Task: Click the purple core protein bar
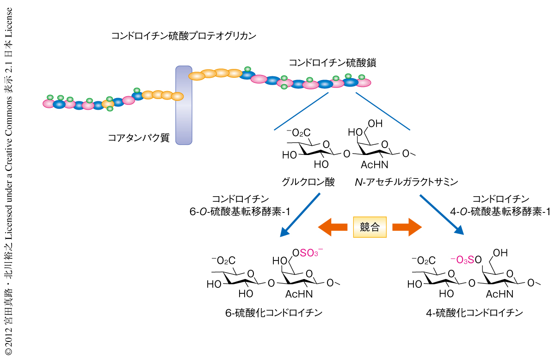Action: click(184, 105)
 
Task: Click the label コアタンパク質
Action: click(138, 137)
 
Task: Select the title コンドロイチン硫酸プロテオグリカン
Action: click(184, 36)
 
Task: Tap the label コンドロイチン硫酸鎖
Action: click(332, 63)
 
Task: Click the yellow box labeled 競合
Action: click(370, 227)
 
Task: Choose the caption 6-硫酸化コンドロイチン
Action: click(273, 313)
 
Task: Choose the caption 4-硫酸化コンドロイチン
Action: click(475, 313)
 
